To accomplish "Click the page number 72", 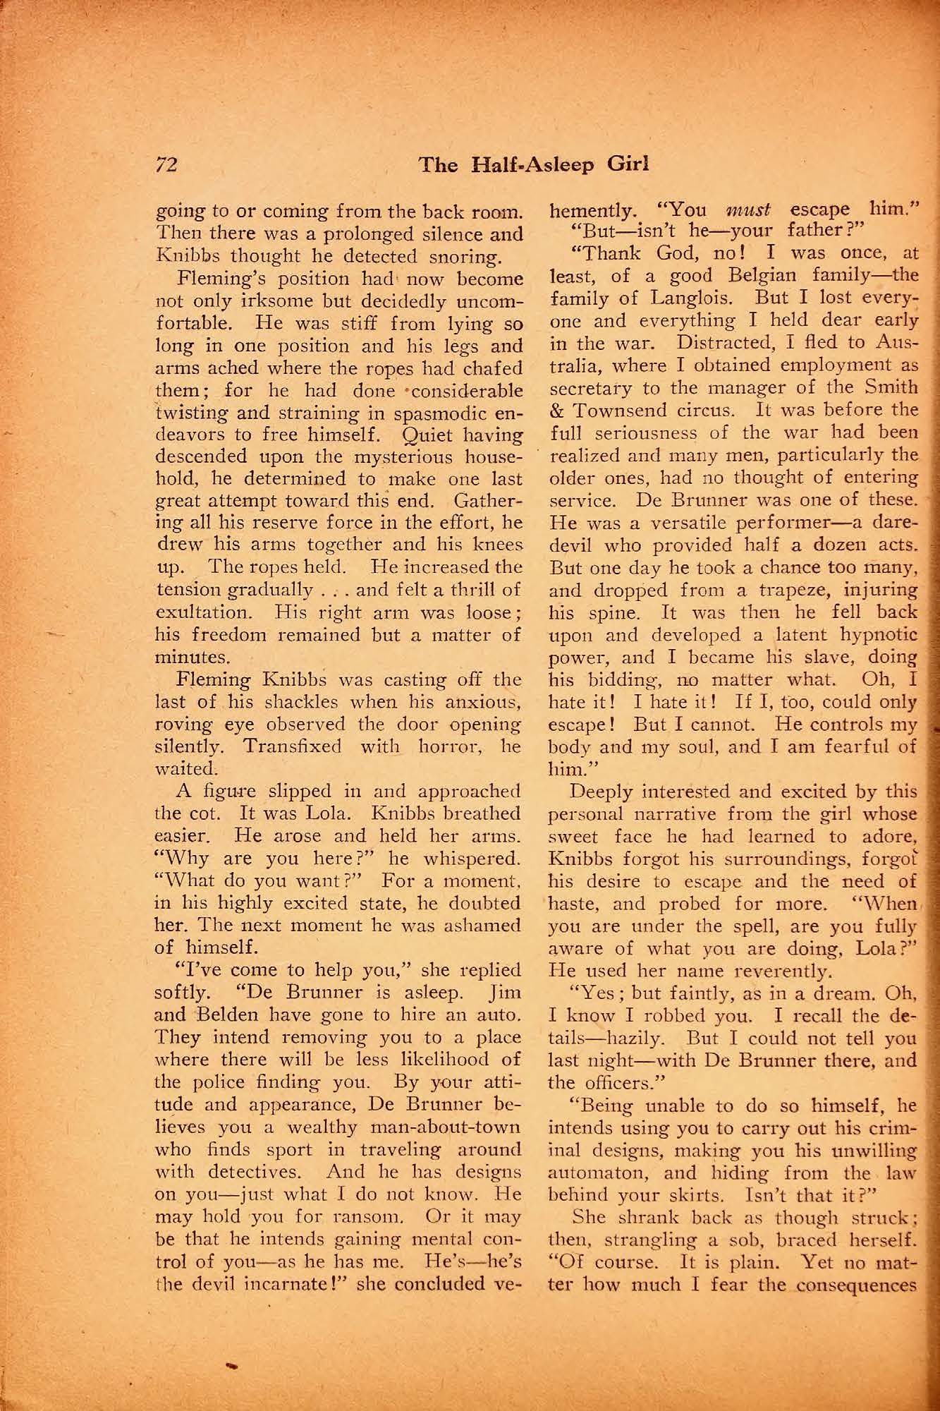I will pos(166,164).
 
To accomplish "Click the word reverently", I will pos(783,971).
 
